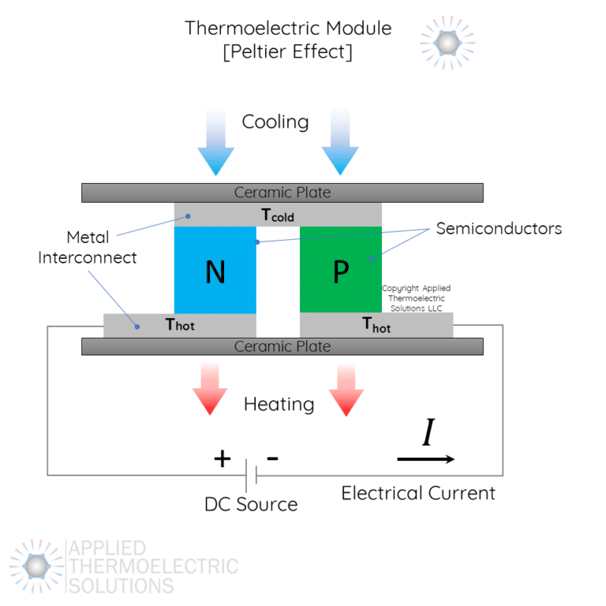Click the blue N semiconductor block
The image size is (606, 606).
[215, 270]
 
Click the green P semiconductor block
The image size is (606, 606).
[340, 270]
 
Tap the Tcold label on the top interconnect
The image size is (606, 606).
[278, 215]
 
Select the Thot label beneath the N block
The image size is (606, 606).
[180, 324]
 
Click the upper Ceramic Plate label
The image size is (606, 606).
[282, 193]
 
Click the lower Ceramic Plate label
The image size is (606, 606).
[282, 346]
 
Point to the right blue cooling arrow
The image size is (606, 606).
[340, 142]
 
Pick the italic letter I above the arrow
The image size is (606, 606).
[428, 433]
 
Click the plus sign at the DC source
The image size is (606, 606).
[223, 458]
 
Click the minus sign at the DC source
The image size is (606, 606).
[272, 458]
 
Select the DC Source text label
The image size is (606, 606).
[251, 504]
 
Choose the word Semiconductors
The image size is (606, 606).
[499, 229]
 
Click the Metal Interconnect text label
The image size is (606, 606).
[88, 247]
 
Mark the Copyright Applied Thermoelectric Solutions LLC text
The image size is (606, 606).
[416, 297]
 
